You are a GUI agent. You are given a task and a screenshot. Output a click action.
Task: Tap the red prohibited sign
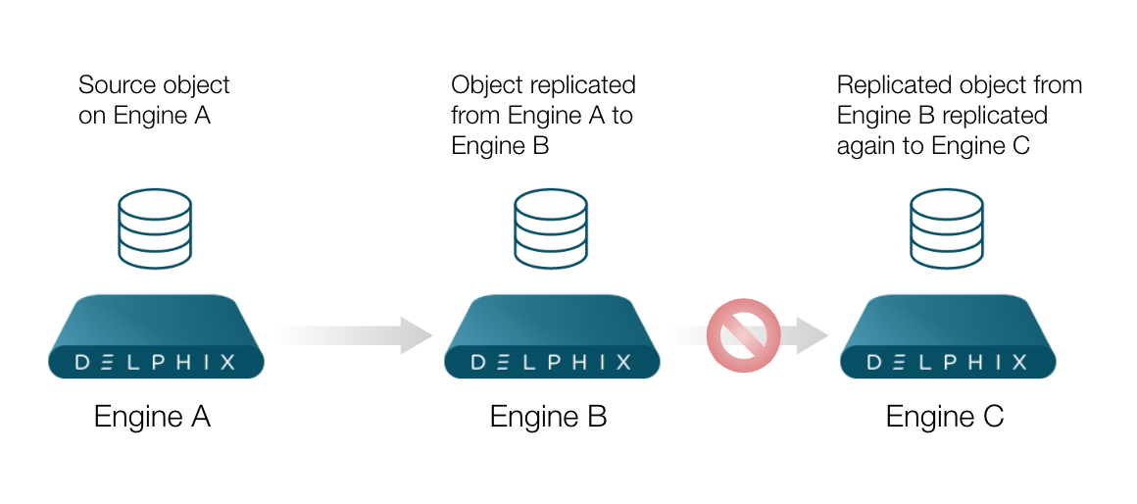coord(743,335)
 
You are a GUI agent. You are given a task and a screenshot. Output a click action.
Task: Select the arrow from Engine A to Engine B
coord(353,335)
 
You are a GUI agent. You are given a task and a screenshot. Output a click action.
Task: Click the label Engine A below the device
coord(152,417)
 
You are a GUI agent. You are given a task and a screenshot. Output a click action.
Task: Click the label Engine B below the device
coord(548,417)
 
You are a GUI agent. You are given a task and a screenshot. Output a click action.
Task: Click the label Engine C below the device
coord(944,417)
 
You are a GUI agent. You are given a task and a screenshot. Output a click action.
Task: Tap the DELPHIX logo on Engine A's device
coord(156,362)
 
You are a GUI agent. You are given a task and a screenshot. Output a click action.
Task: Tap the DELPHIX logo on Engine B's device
coord(552,362)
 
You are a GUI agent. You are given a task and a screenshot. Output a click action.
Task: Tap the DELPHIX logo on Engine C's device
coord(948,362)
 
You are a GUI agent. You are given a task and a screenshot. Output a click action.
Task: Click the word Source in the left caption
coord(111,85)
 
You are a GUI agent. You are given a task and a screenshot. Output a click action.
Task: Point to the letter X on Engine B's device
coord(623,362)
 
